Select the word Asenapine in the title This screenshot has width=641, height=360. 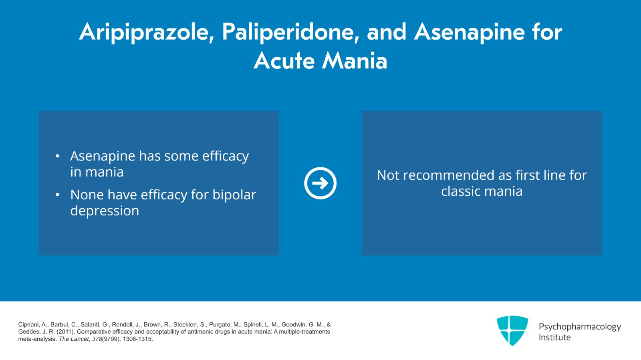tap(469, 32)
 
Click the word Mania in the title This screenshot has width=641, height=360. tap(355, 61)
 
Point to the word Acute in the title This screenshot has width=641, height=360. tap(284, 61)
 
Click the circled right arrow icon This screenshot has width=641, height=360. tap(320, 183)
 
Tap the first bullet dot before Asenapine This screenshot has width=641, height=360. tap(58, 156)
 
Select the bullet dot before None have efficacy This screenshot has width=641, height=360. tap(58, 195)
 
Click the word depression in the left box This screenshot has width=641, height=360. tap(105, 211)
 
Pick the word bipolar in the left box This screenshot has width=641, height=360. tap(234, 195)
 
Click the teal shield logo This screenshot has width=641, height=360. tap(512, 330)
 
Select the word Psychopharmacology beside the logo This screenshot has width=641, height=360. tap(579, 327)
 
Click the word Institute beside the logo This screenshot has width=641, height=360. tap(554, 338)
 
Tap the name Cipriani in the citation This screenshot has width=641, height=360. tap(29, 325)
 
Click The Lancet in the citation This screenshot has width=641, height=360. tap(74, 339)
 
